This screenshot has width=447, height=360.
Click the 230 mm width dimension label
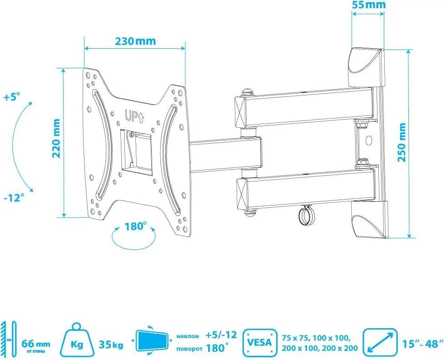135,41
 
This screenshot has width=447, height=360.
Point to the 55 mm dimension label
368,5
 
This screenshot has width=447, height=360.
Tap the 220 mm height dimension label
56,138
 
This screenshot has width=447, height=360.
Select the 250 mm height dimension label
402,142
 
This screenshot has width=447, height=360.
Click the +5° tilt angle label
12,97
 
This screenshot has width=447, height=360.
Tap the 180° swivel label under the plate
136,226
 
